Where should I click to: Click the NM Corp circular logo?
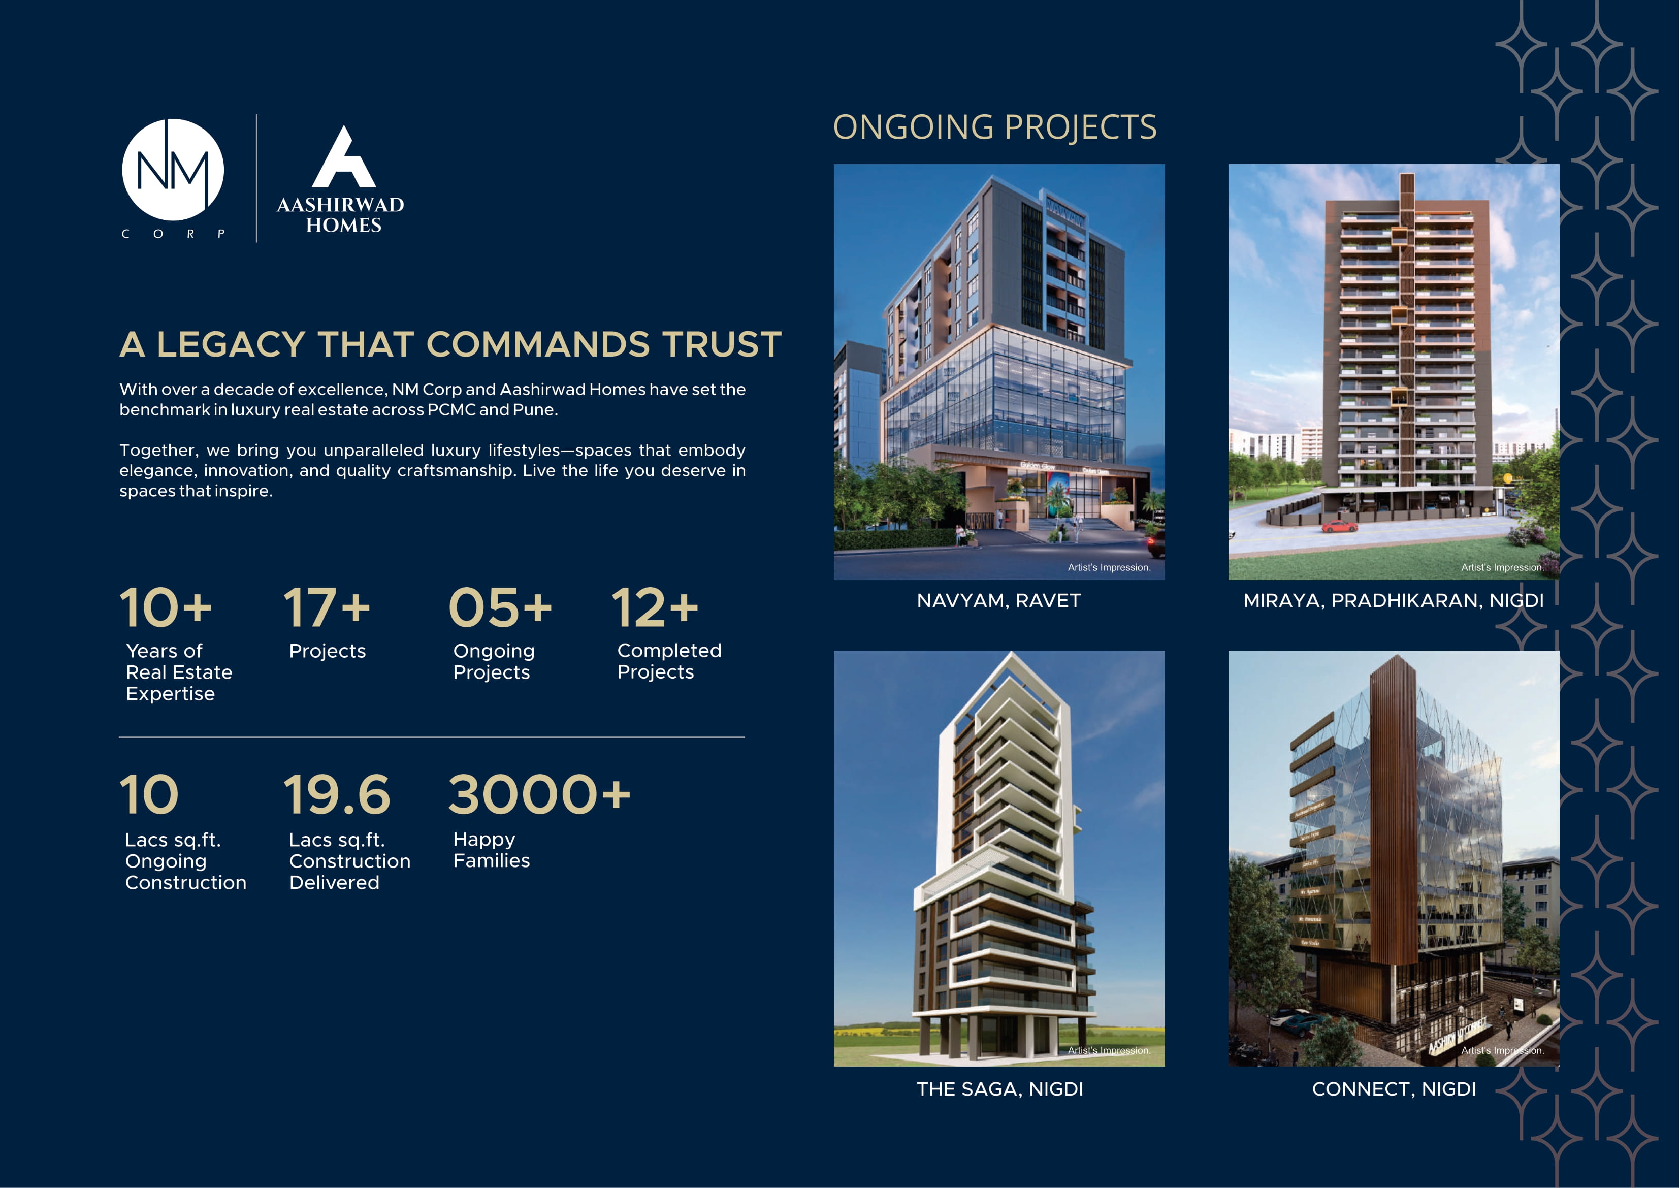pyautogui.click(x=173, y=170)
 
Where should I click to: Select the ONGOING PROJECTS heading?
pyautogui.click(x=994, y=127)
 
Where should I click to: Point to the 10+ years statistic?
pyautogui.click(x=166, y=607)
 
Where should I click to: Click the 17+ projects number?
pyautogui.click(x=327, y=607)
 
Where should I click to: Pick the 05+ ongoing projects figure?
pyautogui.click(x=500, y=607)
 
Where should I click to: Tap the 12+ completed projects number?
pyautogui.click(x=655, y=607)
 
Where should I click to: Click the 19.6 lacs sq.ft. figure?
pyautogui.click(x=337, y=795)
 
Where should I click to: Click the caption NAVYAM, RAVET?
pyautogui.click(x=999, y=601)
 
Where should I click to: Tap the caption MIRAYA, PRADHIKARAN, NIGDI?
pyautogui.click(x=1393, y=601)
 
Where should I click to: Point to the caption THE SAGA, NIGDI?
pyautogui.click(x=999, y=1089)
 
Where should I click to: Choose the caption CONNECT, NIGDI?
pyautogui.click(x=1393, y=1089)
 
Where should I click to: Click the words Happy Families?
pyautogui.click(x=491, y=850)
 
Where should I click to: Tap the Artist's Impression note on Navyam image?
pyautogui.click(x=1109, y=567)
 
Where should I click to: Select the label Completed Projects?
pyautogui.click(x=669, y=661)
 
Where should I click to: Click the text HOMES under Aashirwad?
pyautogui.click(x=343, y=226)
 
